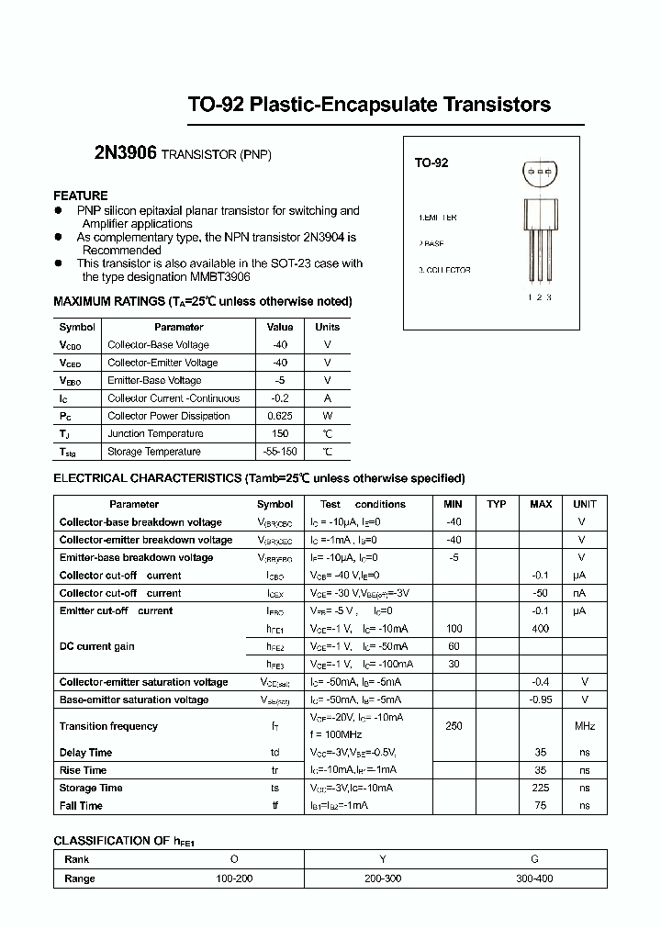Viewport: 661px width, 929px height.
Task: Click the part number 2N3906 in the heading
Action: tap(125, 154)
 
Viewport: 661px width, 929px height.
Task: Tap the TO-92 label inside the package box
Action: tap(431, 162)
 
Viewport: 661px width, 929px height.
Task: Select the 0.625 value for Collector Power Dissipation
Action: tap(280, 416)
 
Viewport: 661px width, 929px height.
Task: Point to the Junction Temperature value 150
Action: tap(280, 433)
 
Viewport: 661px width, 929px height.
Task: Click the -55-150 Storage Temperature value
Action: tap(280, 452)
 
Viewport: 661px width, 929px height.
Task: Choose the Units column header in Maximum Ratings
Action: tap(327, 327)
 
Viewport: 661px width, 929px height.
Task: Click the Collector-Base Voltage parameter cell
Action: tap(158, 345)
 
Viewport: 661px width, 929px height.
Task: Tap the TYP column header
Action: tap(497, 504)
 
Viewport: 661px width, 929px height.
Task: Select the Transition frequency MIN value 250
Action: tap(453, 726)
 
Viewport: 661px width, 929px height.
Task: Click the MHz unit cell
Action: tap(584, 726)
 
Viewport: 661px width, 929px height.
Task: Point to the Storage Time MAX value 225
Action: tap(540, 788)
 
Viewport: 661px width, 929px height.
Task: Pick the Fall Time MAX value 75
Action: tap(540, 805)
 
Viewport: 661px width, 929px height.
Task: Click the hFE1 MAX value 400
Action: tap(540, 629)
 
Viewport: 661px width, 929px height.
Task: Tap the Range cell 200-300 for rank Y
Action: tap(383, 879)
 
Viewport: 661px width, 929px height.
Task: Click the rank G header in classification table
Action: tap(534, 859)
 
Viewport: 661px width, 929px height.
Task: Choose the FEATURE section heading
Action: tap(81, 196)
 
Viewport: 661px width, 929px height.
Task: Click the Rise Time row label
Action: tap(83, 770)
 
